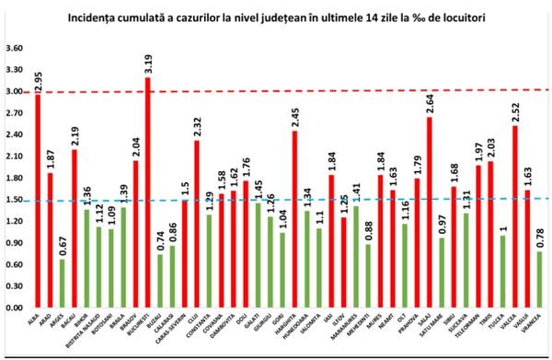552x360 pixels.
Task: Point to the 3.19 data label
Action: [147, 64]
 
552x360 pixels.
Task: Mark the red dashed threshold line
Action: [276, 91]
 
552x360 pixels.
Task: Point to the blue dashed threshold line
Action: [276, 199]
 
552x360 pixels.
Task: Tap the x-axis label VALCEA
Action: [515, 323]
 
